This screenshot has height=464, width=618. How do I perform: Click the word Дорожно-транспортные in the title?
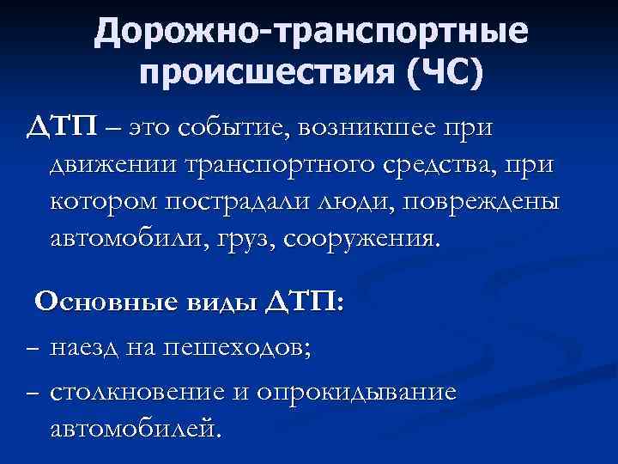click(x=311, y=33)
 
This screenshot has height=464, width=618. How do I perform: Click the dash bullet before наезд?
click(x=32, y=350)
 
